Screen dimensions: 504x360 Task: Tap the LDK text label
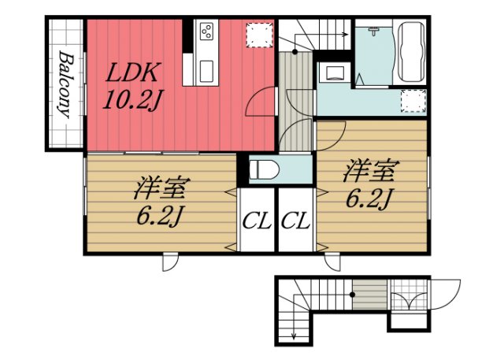pyautogui.click(x=132, y=72)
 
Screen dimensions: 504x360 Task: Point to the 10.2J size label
pyautogui.click(x=132, y=98)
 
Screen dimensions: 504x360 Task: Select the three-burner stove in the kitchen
pyautogui.click(x=206, y=32)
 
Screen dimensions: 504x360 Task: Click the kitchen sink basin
pyautogui.click(x=206, y=72)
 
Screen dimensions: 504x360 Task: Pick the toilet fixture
pyautogui.click(x=265, y=169)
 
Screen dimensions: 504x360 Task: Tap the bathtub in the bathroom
pyautogui.click(x=411, y=51)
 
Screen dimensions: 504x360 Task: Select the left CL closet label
pyautogui.click(x=257, y=221)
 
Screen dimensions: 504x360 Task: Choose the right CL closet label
pyautogui.click(x=295, y=221)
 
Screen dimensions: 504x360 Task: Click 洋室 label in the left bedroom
pyautogui.click(x=160, y=188)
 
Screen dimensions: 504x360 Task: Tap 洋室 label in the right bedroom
pyautogui.click(x=371, y=171)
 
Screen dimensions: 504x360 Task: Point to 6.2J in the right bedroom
pyautogui.click(x=369, y=198)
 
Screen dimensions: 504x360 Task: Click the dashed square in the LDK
pyautogui.click(x=259, y=35)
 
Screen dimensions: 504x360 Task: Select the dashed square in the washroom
pyautogui.click(x=413, y=101)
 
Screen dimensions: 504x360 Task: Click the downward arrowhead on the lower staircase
pyautogui.click(x=294, y=336)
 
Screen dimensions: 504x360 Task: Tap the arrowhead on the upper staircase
pyautogui.click(x=346, y=35)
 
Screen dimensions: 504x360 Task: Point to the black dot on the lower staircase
pyautogui.click(x=353, y=295)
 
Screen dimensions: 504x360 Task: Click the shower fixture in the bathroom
pyautogui.click(x=373, y=32)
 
